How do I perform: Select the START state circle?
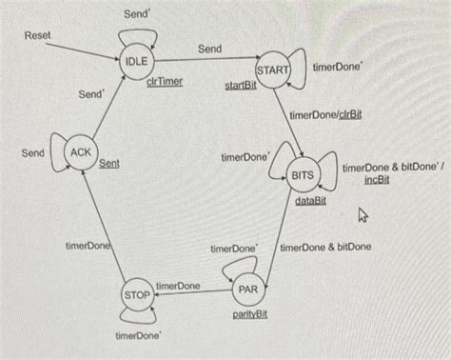(273, 71)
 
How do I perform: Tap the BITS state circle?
(302, 175)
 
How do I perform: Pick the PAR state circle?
(248, 289)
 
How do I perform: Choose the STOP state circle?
(137, 295)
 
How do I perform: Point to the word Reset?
(38, 35)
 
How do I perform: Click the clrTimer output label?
(165, 82)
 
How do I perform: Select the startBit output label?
(241, 86)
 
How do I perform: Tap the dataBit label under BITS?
(310, 201)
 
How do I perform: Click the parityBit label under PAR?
(248, 313)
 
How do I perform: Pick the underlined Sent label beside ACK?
(109, 164)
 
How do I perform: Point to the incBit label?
(376, 180)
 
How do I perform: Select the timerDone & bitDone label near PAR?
(325, 248)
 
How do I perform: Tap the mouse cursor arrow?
(363, 216)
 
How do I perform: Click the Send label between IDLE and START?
(209, 48)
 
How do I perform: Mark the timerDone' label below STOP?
(137, 335)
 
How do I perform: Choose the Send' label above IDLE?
(136, 15)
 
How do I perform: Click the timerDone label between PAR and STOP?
(178, 286)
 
